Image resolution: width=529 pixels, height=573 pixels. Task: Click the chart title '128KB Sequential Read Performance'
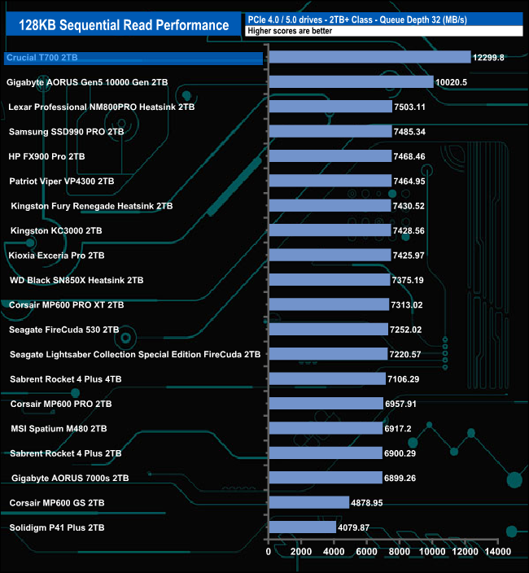(124, 24)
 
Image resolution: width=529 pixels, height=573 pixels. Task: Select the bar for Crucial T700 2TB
(369, 57)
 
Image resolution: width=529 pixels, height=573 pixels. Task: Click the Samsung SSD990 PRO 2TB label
(66, 132)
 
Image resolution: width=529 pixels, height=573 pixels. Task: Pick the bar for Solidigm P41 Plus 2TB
(302, 528)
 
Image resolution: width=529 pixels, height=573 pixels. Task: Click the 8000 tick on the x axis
(400, 552)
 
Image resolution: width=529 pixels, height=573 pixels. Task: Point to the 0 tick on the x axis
(269, 552)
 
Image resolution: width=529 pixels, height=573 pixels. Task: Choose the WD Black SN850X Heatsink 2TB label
(76, 281)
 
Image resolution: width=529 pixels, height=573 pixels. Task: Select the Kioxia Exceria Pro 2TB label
(56, 256)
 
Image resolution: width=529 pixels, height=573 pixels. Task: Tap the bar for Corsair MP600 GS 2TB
(308, 503)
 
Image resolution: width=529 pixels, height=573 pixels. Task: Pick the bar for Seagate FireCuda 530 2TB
(328, 330)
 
